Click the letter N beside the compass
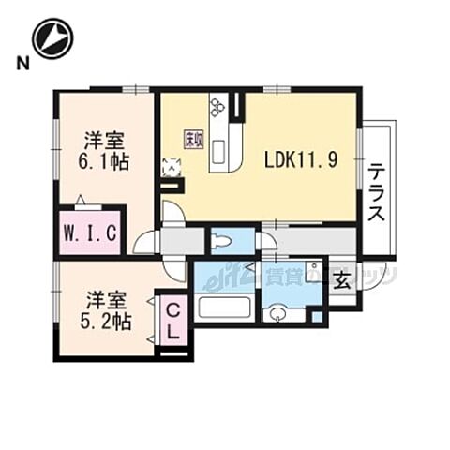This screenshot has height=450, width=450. coord(21,63)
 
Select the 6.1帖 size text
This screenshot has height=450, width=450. coord(103,160)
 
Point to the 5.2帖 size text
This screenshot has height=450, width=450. coord(105,321)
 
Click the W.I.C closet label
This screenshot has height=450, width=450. coord(90,234)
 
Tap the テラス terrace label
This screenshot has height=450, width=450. coord(378,192)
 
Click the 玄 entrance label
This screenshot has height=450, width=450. coord(342,280)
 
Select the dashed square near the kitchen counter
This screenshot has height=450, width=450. coord(172,168)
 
